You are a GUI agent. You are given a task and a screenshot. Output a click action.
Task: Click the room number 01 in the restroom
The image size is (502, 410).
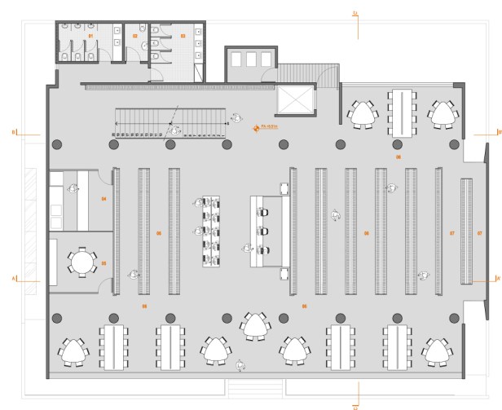(x=91, y=37)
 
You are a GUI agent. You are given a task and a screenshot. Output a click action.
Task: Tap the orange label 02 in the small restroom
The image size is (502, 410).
(x=135, y=37)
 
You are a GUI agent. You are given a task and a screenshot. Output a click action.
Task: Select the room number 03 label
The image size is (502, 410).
(x=183, y=37)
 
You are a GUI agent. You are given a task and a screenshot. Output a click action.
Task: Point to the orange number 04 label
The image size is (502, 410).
(x=103, y=199)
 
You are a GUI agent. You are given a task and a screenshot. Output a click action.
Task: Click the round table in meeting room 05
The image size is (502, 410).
(x=81, y=262)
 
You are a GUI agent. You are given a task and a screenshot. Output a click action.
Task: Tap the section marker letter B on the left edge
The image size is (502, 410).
(x=14, y=131)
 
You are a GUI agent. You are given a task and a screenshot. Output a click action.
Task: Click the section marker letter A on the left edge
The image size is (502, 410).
(x=14, y=280)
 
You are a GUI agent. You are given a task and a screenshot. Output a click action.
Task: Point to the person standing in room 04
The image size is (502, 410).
(x=73, y=189)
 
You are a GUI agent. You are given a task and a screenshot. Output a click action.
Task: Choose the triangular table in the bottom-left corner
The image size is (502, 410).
(x=73, y=351)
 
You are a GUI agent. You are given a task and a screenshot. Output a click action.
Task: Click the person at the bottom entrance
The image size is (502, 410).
(x=240, y=367)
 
